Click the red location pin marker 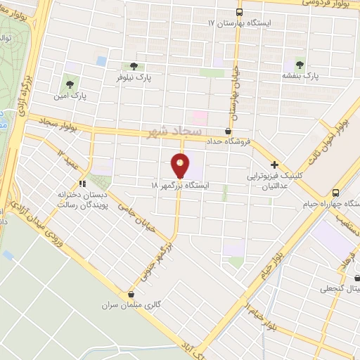coord(181,167)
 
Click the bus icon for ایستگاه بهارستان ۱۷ coord(239,13)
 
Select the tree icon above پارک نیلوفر coord(133,66)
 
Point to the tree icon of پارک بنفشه coord(301,62)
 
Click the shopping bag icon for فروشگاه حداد coord(227,131)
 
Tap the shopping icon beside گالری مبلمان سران coord(131,294)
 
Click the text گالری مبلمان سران coord(108,306)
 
